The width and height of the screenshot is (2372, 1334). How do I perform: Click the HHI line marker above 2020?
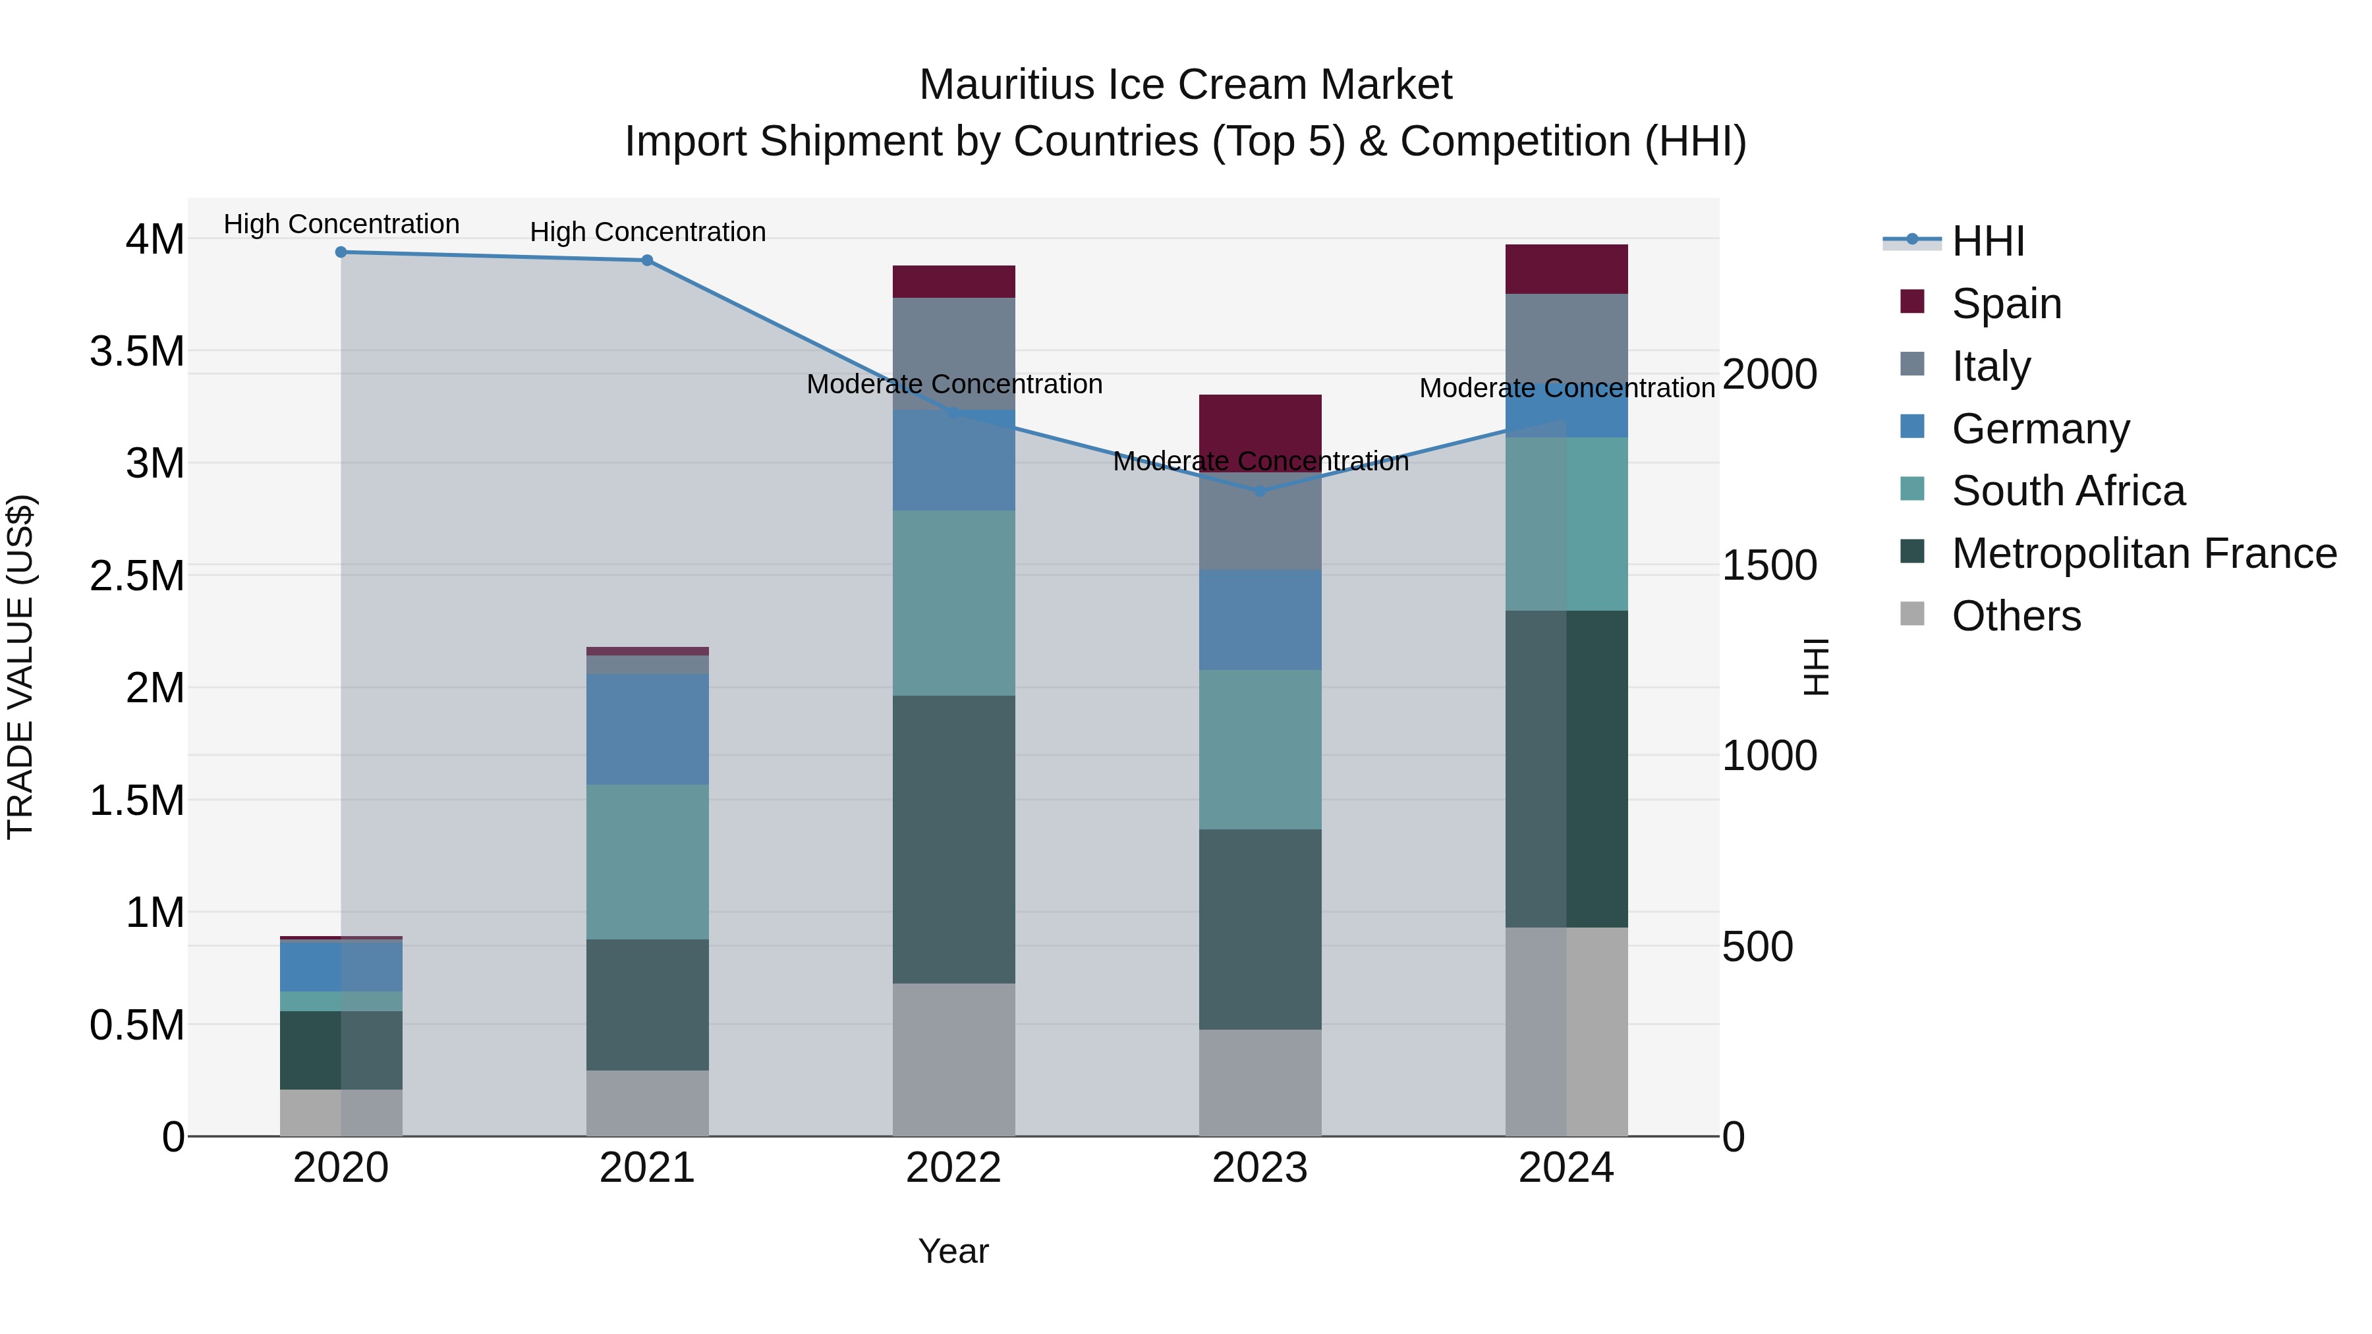[x=341, y=252]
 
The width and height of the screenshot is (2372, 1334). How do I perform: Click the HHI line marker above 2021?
[x=647, y=260]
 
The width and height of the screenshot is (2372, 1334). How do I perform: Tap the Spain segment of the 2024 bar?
[x=1566, y=269]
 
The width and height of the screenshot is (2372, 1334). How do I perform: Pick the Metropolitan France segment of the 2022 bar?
[x=954, y=839]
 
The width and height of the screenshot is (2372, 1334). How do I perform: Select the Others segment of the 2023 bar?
[x=1260, y=1082]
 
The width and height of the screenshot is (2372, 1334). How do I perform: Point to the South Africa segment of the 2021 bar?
[x=647, y=862]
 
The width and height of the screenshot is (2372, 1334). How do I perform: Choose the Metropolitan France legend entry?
[x=2143, y=553]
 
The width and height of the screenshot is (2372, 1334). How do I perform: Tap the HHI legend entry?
[x=1987, y=241]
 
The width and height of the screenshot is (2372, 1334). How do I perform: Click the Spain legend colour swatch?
[x=1913, y=302]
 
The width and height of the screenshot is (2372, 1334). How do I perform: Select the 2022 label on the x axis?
[x=954, y=1168]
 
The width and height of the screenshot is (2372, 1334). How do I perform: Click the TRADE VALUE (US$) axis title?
[x=20, y=667]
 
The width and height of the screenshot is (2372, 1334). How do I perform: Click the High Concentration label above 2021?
[x=647, y=232]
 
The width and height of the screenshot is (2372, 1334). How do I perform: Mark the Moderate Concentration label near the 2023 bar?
[x=1260, y=461]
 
